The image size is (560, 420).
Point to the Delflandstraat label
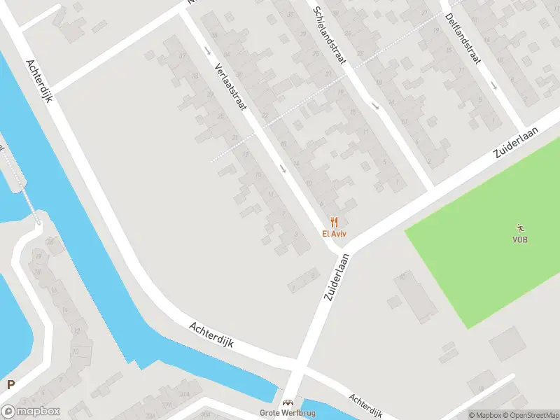pos(461,38)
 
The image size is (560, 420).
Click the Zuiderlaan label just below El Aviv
pos(337,276)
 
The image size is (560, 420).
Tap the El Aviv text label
pos(334,234)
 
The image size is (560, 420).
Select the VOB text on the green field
pos(519,239)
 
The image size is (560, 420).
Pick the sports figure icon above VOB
pos(519,227)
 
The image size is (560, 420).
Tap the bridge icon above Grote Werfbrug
pos(288,402)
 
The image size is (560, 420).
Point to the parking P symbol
pos(10,384)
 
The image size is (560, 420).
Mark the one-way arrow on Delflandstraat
pos(493,86)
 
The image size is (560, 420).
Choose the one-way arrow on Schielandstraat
pos(376,106)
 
